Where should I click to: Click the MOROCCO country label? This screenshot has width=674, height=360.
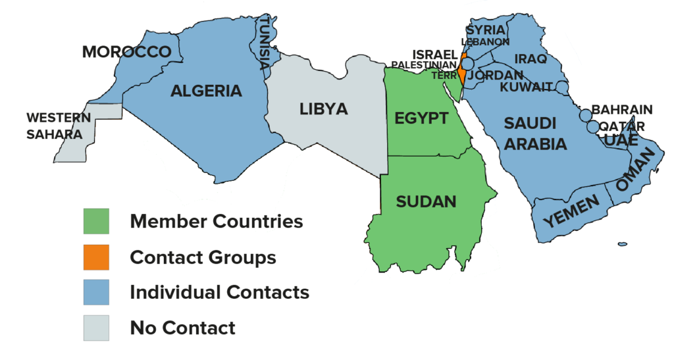(x=126, y=52)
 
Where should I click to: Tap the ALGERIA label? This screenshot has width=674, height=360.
(x=206, y=91)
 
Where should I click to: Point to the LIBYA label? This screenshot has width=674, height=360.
(x=323, y=109)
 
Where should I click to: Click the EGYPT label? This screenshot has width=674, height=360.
(x=421, y=118)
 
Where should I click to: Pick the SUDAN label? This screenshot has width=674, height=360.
(x=426, y=201)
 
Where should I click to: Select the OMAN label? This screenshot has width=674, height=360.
(x=635, y=169)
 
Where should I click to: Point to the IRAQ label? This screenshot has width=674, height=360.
(x=531, y=59)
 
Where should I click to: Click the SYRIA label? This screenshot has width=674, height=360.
(x=485, y=30)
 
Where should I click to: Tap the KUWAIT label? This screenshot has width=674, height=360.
(x=527, y=87)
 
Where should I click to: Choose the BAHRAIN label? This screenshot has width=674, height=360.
(x=622, y=110)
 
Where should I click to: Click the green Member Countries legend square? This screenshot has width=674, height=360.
(x=96, y=221)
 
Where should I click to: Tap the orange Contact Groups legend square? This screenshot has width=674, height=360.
(x=96, y=257)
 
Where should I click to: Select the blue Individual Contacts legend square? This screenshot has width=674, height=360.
(x=96, y=292)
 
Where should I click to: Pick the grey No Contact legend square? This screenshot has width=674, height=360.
(x=96, y=328)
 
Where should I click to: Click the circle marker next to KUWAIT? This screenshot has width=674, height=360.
(x=561, y=87)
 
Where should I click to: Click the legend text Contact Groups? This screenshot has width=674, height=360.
(x=203, y=257)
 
